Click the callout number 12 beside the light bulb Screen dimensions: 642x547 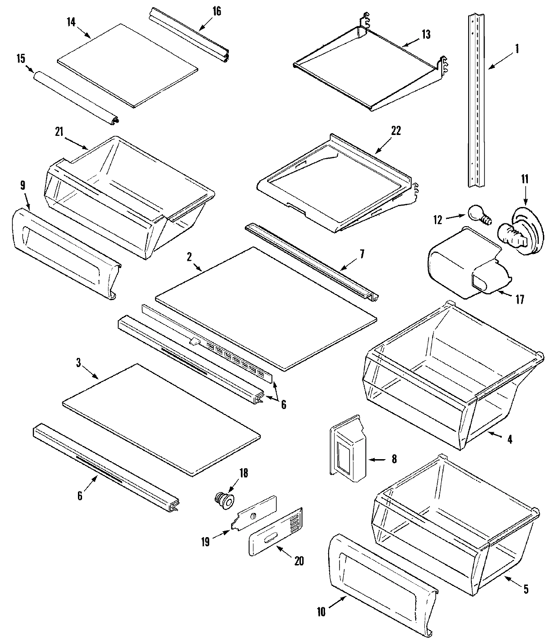pos(437,219)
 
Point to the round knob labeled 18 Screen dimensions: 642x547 pos(224,500)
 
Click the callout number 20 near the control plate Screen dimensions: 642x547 pos(299,560)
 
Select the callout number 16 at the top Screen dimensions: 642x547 pos(217,11)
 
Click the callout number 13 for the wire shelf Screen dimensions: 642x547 pos(425,35)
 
